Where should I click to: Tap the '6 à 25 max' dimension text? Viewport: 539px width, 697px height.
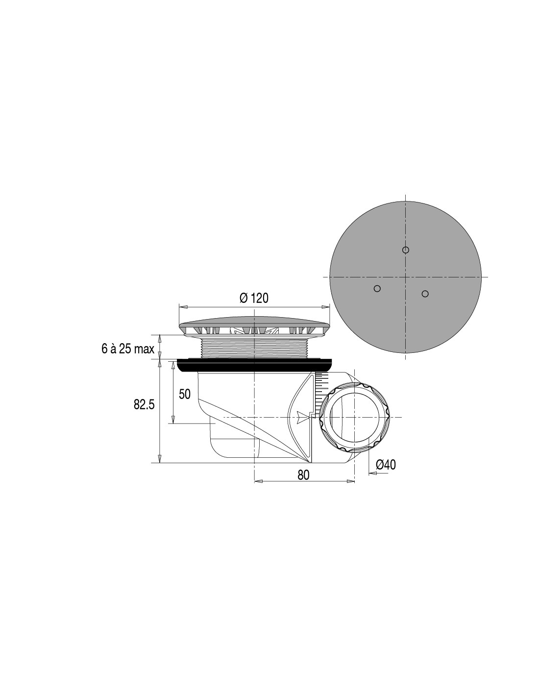(x=128, y=349)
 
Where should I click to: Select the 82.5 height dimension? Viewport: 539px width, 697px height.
(x=144, y=405)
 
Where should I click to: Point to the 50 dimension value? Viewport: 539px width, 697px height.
(x=185, y=394)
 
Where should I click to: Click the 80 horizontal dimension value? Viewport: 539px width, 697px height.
(x=303, y=475)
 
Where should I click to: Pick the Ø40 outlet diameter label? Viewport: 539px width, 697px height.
(x=386, y=465)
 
